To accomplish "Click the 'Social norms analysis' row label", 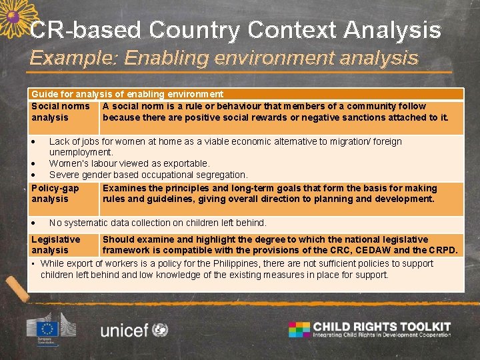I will (x=60, y=111).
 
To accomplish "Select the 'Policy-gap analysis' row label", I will (x=55, y=193).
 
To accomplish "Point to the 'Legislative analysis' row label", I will (x=55, y=245).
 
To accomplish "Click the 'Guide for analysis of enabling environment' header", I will (x=127, y=95).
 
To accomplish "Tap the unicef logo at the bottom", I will (x=134, y=329).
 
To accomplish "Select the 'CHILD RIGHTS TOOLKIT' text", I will (x=382, y=327).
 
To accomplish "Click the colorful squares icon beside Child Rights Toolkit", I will (x=299, y=329).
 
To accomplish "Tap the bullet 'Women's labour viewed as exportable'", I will (x=129, y=163).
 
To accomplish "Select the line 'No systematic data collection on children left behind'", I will (x=157, y=223).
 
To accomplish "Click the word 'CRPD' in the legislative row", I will (x=443, y=250).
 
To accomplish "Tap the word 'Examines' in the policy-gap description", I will (x=123, y=188).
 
